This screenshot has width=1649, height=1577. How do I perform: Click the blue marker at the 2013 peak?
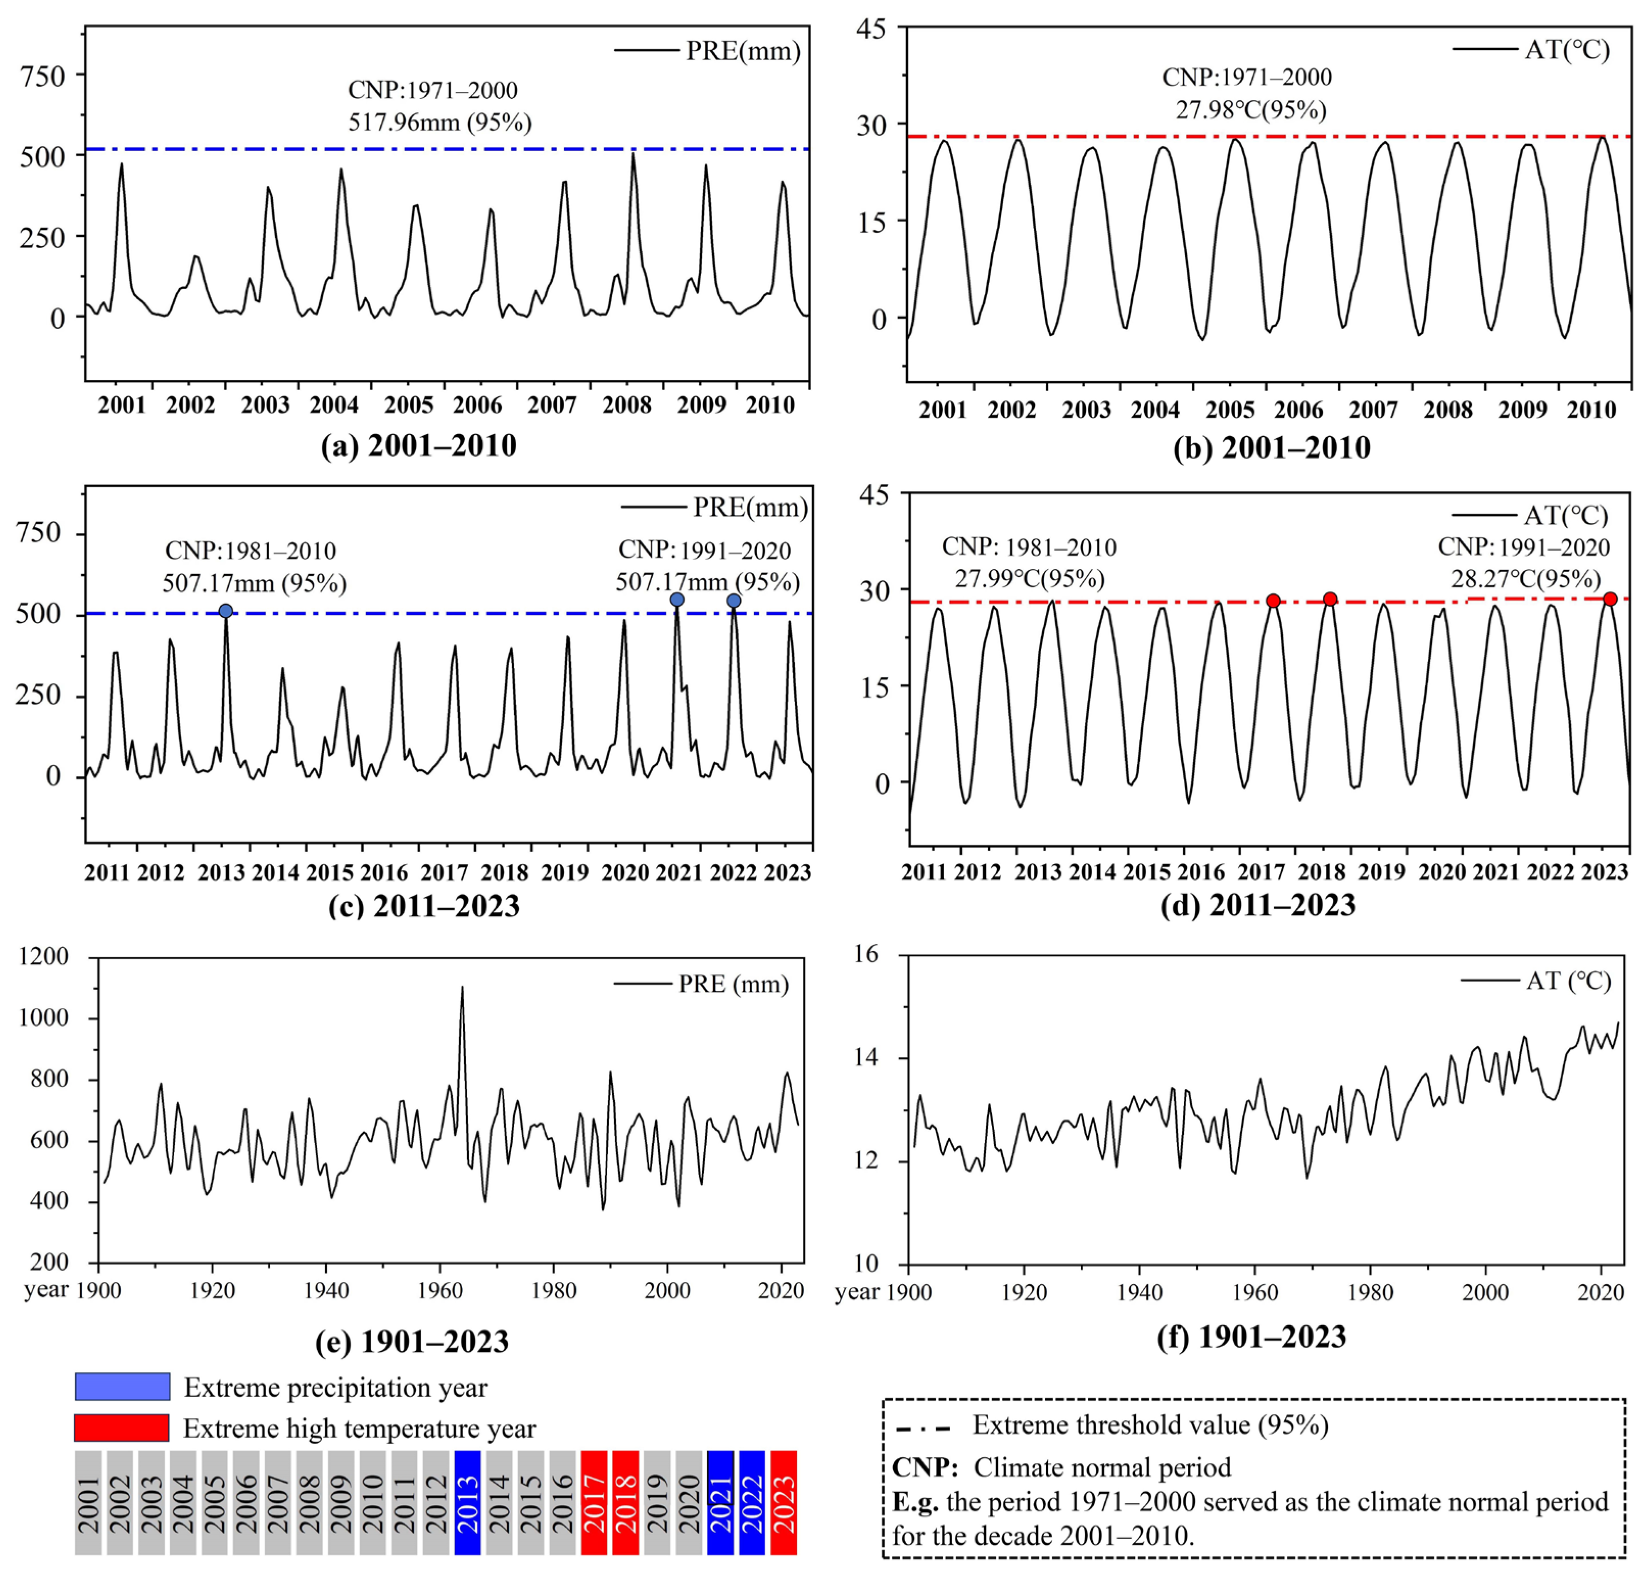[x=225, y=611]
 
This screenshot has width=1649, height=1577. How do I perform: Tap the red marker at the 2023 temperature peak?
[x=1610, y=600]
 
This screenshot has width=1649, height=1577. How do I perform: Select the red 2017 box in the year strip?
[x=594, y=1502]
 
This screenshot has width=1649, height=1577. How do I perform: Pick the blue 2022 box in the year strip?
[x=752, y=1502]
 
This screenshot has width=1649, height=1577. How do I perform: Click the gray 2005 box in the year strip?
[x=214, y=1502]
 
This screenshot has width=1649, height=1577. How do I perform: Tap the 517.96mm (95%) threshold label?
[x=440, y=123]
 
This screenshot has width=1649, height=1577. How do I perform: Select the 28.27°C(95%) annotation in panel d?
[x=1525, y=579]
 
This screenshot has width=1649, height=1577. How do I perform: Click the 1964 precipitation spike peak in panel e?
[x=462, y=989]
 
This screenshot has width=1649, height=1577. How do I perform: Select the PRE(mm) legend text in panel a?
[x=743, y=51]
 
